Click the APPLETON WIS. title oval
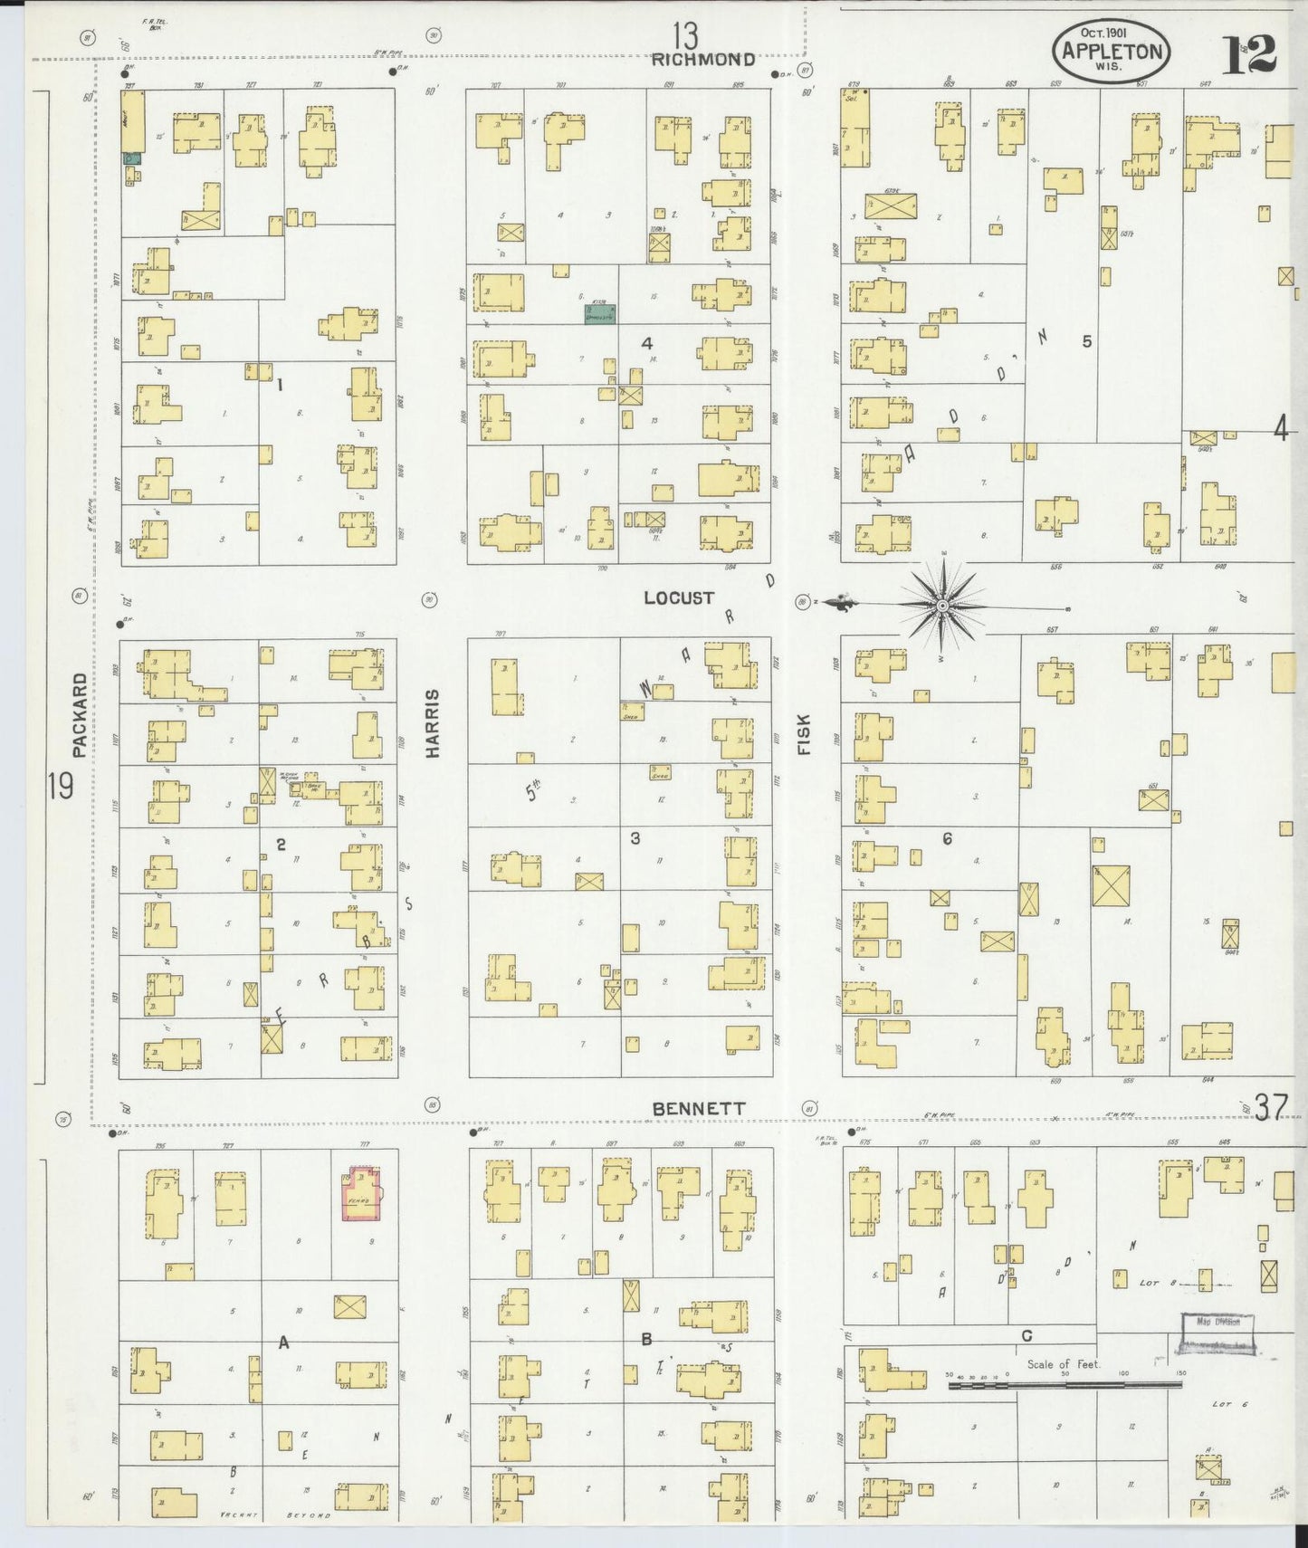coord(1111,52)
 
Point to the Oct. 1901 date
coord(1102,33)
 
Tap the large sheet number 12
coord(1249,54)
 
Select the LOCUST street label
coord(679,597)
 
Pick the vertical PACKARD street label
coord(80,713)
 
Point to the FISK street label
coord(804,733)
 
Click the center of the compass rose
coord(941,604)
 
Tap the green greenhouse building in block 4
coord(599,314)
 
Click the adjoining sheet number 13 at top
coord(685,36)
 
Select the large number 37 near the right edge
coord(1270,1107)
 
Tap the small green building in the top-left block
coord(131,158)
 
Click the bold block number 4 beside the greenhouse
coord(646,343)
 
